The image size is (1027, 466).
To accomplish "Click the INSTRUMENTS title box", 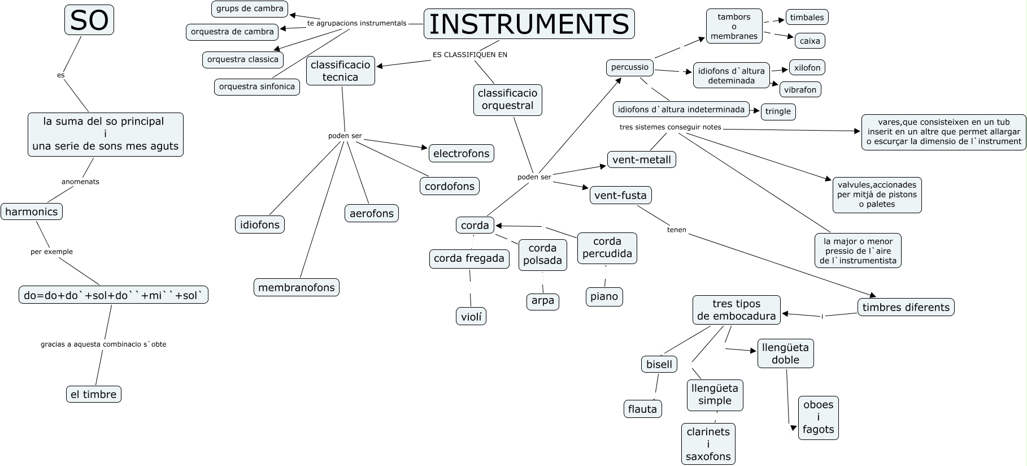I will coord(529,24).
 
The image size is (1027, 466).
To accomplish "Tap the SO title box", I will coord(89,20).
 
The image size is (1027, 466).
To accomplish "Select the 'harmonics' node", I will coord(32,212).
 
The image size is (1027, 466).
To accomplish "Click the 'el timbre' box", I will coord(94,394).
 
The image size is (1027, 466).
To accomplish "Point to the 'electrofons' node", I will coord(461,153).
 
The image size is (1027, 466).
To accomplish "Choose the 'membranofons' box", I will coord(297,287).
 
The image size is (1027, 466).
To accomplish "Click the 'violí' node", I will coord(471,317).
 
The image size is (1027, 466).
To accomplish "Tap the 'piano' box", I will coord(604,296).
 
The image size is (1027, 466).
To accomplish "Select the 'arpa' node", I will coord(543,301).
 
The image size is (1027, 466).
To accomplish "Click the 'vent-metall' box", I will coord(641,159).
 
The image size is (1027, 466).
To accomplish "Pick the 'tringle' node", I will coord(778,111).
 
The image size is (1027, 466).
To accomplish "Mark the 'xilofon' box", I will coord(807,68).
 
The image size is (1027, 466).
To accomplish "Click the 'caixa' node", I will coord(810,41).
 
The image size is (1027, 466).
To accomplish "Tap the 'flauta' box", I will coord(642,408).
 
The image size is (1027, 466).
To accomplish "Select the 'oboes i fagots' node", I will coord(818,417).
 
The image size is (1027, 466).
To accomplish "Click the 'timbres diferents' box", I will coord(906,307).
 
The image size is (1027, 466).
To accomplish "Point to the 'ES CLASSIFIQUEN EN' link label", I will coord(469,55).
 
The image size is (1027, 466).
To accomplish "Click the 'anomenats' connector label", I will coord(80,182).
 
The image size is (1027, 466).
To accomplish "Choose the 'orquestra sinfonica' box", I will coord(257,87).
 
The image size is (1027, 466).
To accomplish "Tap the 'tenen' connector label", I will coord(676,230).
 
